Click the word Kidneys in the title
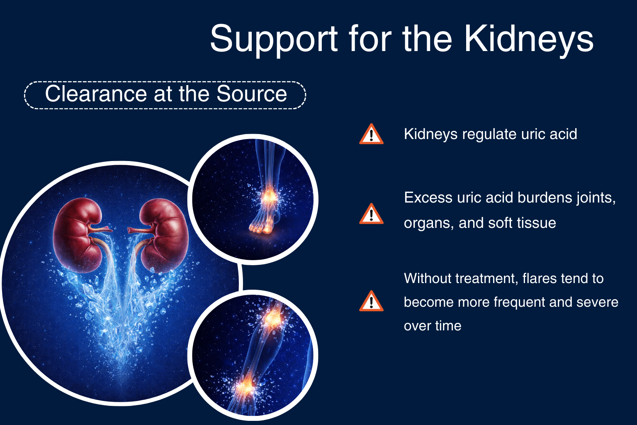click(x=529, y=39)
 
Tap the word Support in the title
click(x=274, y=39)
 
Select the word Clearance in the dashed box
click(x=96, y=94)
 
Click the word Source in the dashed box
click(x=252, y=94)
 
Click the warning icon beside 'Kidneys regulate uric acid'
click(x=371, y=134)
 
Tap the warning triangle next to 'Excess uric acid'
click(x=371, y=214)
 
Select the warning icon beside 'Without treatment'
click(x=371, y=301)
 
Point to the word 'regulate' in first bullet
click(x=489, y=134)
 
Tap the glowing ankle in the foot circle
click(x=269, y=196)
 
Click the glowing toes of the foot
click(x=260, y=228)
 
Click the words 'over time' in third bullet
click(x=433, y=326)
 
